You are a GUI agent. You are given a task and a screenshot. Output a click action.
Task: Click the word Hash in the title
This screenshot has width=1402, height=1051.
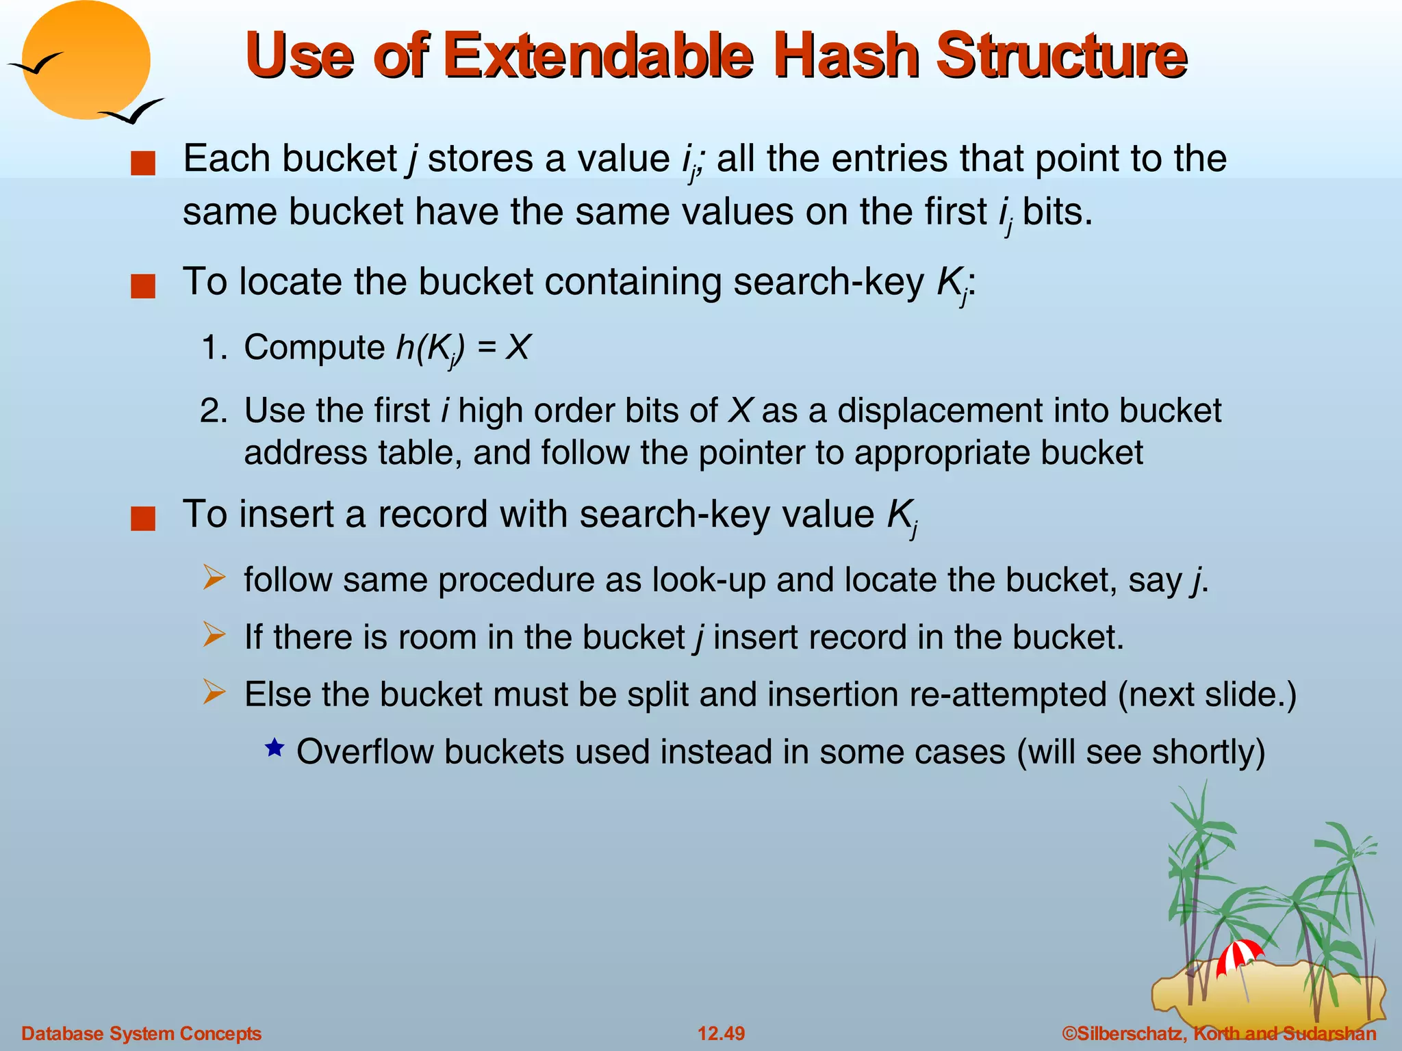click(x=846, y=56)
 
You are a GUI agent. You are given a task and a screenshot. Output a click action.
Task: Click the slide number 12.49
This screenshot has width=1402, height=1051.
click(x=721, y=1033)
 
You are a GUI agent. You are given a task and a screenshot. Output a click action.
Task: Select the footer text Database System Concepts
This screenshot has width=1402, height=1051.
click(x=142, y=1033)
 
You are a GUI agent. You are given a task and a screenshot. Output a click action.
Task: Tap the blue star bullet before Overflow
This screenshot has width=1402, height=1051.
click(x=275, y=748)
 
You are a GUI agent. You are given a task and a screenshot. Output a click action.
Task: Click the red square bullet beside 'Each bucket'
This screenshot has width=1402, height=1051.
click(x=143, y=164)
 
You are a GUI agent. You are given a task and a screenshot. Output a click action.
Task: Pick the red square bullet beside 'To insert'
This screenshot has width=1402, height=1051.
click(x=143, y=519)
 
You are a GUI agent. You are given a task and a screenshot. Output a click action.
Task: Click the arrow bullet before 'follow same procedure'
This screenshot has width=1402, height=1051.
click(x=214, y=578)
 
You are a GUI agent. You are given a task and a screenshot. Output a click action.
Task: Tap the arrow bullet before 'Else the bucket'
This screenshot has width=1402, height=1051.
click(x=214, y=692)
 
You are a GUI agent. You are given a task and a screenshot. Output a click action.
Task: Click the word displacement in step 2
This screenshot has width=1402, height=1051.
click(x=940, y=411)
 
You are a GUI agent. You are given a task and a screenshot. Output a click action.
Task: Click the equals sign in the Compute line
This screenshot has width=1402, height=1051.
click(x=487, y=348)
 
